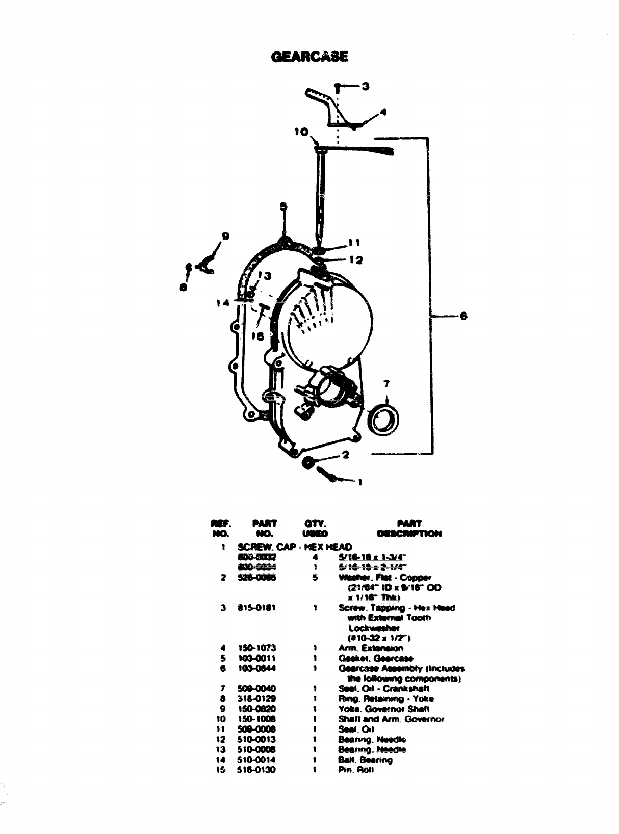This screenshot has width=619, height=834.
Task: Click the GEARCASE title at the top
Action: click(x=310, y=57)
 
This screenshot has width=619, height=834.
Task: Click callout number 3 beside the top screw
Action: click(x=366, y=86)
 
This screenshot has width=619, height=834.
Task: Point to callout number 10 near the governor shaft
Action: click(x=301, y=132)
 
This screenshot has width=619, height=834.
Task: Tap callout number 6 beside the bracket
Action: click(x=463, y=316)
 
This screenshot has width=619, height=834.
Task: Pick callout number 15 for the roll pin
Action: click(x=257, y=336)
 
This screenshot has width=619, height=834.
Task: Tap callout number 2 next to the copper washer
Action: click(x=345, y=455)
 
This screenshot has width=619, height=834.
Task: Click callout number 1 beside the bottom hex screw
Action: click(x=359, y=482)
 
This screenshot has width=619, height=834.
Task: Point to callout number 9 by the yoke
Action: click(x=225, y=236)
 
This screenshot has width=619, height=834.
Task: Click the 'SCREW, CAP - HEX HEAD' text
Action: click(x=295, y=547)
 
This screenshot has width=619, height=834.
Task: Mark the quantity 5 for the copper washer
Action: click(x=316, y=578)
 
